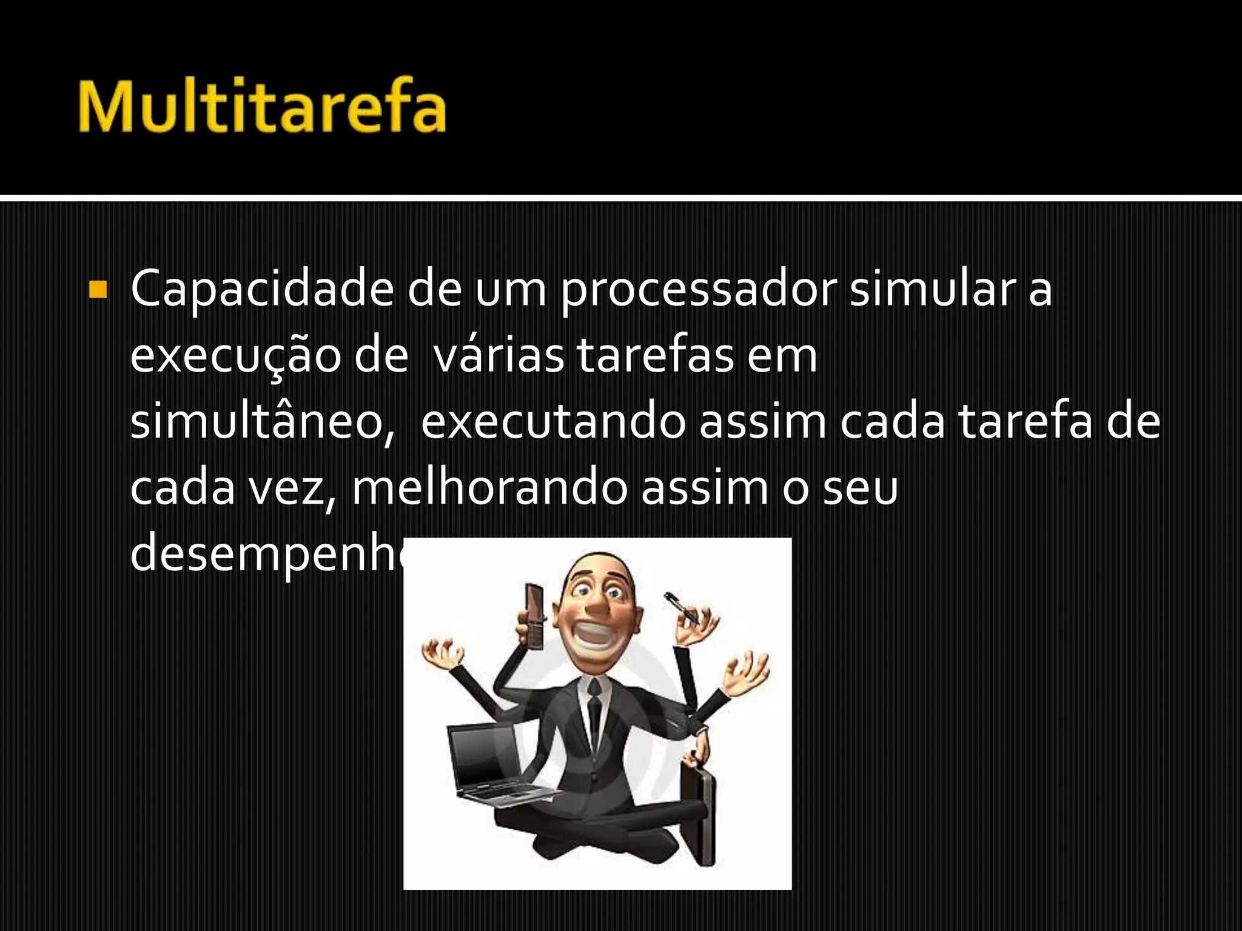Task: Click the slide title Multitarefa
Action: click(262, 104)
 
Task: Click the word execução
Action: click(235, 358)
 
